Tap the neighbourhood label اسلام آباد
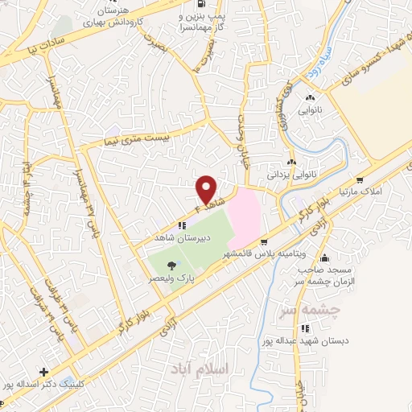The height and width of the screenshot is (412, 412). click(x=200, y=368)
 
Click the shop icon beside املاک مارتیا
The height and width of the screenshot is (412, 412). click(x=359, y=180)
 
